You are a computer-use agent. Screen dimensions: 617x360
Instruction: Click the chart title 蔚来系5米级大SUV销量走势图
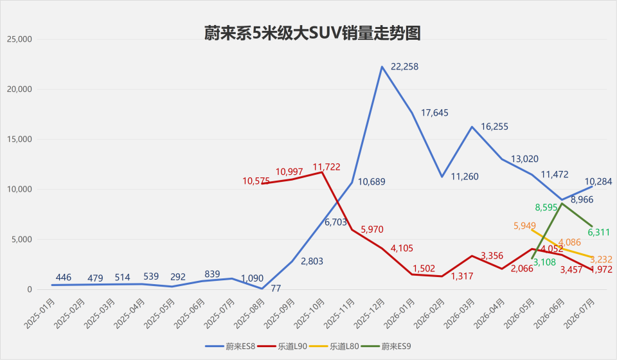[312, 33]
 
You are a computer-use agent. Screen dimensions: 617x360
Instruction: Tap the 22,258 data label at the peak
[404, 67]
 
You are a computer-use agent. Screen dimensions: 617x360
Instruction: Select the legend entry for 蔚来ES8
[231, 346]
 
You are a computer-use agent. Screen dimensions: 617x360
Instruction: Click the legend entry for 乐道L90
[282, 346]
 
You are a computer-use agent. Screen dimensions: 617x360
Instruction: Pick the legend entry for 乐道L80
[334, 346]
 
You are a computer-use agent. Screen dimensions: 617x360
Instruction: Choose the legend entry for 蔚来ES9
[386, 346]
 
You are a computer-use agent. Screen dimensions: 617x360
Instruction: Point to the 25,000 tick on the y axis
[19, 39]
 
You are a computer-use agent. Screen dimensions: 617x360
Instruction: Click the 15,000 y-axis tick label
[19, 139]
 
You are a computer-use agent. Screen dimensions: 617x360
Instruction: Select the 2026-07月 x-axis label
[578, 314]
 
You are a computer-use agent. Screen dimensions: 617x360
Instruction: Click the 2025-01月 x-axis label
[39, 314]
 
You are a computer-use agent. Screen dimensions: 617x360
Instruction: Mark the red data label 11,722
[326, 166]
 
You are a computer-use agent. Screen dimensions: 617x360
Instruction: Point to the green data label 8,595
[546, 208]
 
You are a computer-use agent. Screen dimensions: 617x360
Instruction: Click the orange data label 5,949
[524, 226]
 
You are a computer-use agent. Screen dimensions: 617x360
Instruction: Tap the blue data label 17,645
[435, 113]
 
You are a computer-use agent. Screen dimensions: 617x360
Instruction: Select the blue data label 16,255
[495, 127]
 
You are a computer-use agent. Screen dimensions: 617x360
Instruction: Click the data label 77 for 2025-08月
[276, 289]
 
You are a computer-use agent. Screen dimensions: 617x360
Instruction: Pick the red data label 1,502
[424, 269]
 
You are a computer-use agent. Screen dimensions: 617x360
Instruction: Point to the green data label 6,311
[599, 233]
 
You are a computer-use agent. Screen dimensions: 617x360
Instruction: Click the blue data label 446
[64, 277]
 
